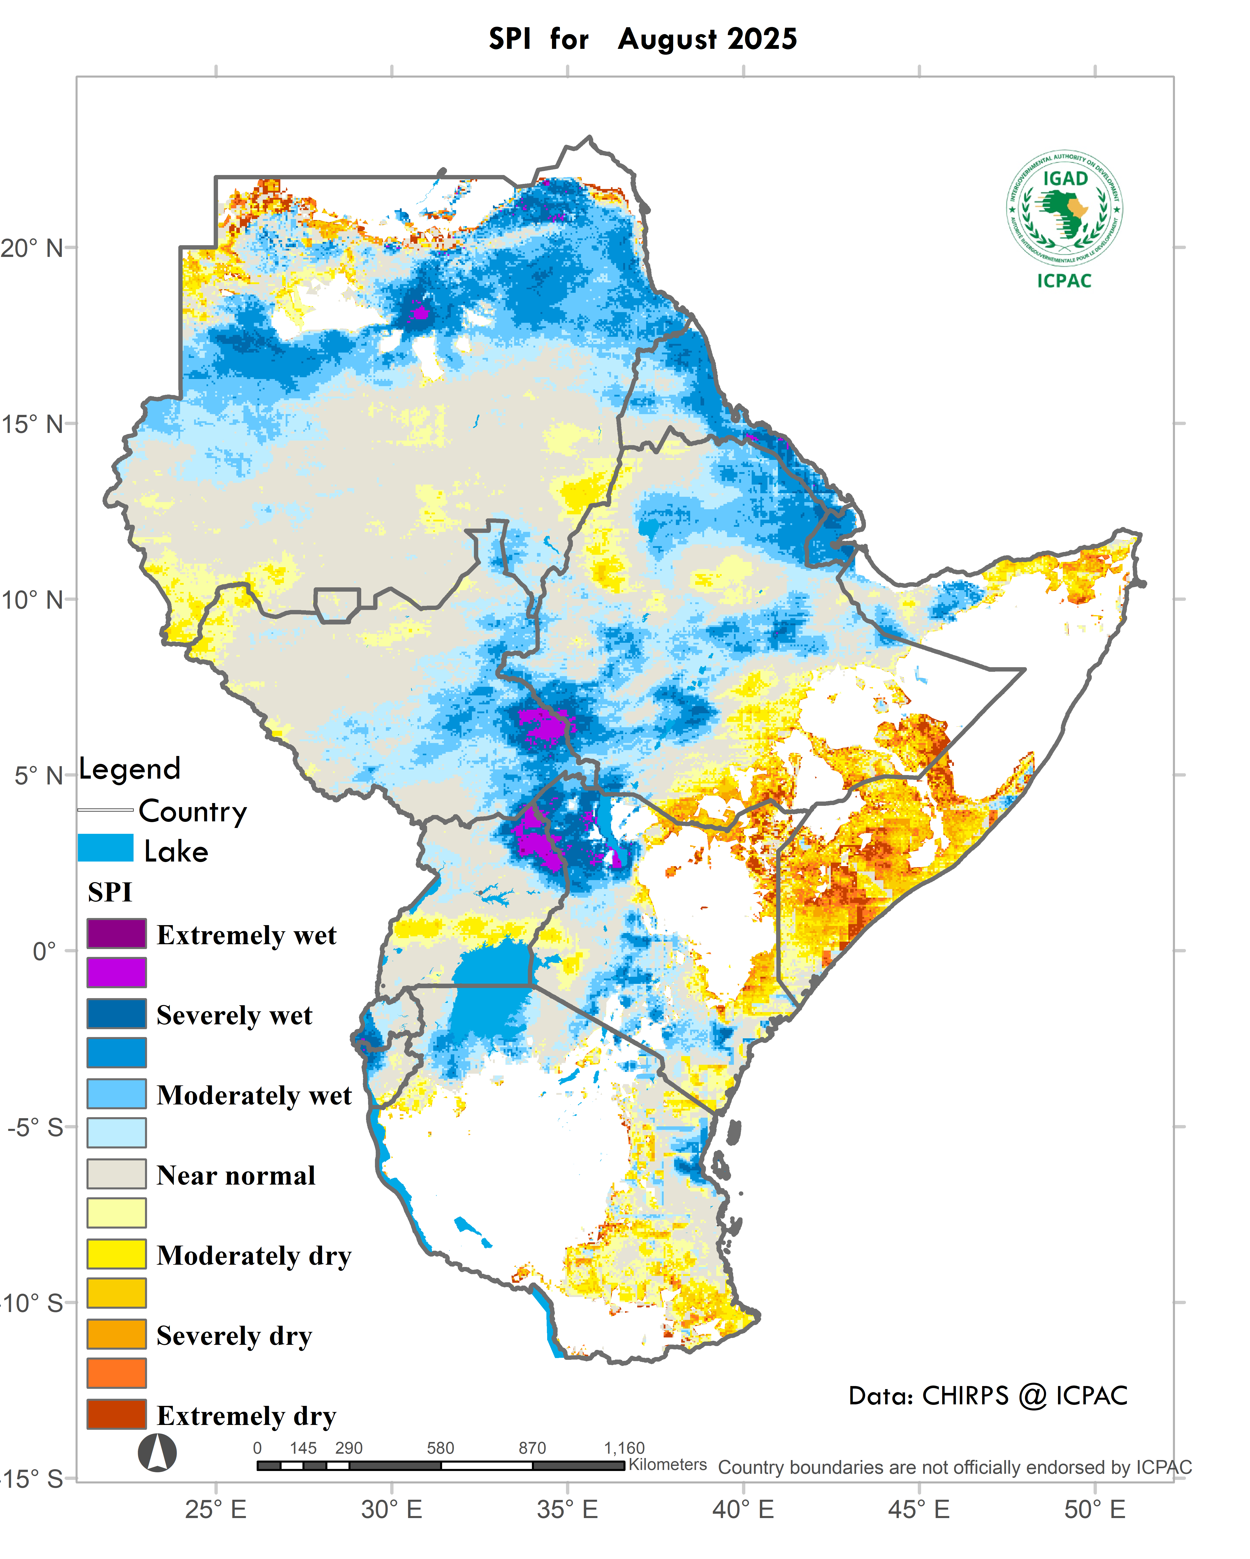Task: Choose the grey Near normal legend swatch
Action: (117, 1174)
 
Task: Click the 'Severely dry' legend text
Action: (234, 1335)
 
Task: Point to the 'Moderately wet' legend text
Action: (254, 1095)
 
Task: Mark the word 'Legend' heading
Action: (129, 769)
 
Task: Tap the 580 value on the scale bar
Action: (440, 1448)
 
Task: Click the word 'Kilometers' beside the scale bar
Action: (667, 1464)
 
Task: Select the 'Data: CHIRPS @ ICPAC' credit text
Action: (987, 1396)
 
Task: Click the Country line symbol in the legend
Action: (106, 810)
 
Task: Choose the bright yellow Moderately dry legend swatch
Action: (117, 1254)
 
